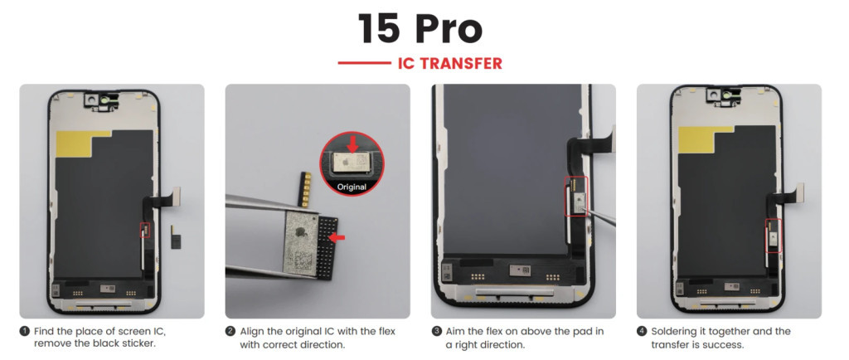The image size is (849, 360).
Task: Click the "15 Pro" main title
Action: click(x=420, y=29)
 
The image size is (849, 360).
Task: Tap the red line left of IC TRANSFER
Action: click(x=365, y=63)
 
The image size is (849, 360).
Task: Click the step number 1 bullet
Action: click(x=25, y=331)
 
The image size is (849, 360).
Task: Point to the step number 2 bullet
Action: click(x=230, y=331)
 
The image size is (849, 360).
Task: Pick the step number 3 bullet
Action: click(x=436, y=331)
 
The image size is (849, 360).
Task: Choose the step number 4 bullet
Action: click(x=642, y=331)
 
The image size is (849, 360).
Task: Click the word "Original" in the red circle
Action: click(x=352, y=187)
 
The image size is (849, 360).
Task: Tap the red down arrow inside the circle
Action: click(x=352, y=144)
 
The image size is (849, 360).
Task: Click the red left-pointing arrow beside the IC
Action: click(x=337, y=237)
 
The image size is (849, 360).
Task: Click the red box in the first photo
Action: click(x=144, y=230)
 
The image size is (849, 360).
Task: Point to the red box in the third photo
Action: click(x=575, y=196)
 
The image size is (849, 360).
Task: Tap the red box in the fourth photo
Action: click(x=774, y=236)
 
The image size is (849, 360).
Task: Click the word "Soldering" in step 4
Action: click(x=672, y=331)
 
